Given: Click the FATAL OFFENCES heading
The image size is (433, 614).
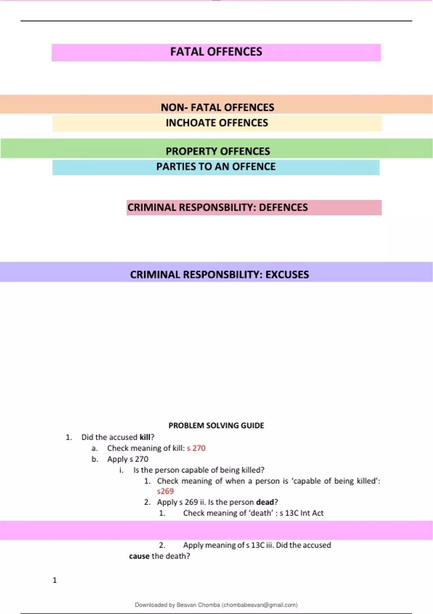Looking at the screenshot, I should coord(216,52).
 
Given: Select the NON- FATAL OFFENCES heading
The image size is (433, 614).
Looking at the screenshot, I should coord(217,107).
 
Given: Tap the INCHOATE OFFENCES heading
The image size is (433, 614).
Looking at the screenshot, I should coord(217,123).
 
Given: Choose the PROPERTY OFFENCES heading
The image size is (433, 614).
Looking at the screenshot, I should coord(218,151).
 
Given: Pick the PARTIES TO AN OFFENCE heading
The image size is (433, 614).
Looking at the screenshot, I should coord(216,167).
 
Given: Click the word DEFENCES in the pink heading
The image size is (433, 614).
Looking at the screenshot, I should coord(283,207).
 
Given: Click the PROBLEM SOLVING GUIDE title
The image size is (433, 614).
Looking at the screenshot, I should coord(216,425).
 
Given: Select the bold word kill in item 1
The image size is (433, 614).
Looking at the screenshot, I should coord(145,437).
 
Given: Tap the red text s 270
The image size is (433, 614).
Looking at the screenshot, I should coord(196,448).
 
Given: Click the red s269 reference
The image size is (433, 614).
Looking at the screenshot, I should coord(165,491).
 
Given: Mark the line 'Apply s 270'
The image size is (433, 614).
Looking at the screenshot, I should coord(128,459).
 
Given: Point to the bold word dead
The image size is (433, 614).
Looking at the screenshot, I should coord(265,502).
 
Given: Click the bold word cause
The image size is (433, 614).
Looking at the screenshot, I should coord(139,556).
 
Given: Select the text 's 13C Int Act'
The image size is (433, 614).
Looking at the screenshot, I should coord(301,513).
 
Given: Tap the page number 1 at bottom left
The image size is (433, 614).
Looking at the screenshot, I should coord(54,580).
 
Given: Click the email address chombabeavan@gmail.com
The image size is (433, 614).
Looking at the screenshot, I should coord(259,605).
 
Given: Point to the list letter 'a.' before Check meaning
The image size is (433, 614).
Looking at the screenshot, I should coord(95,448).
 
